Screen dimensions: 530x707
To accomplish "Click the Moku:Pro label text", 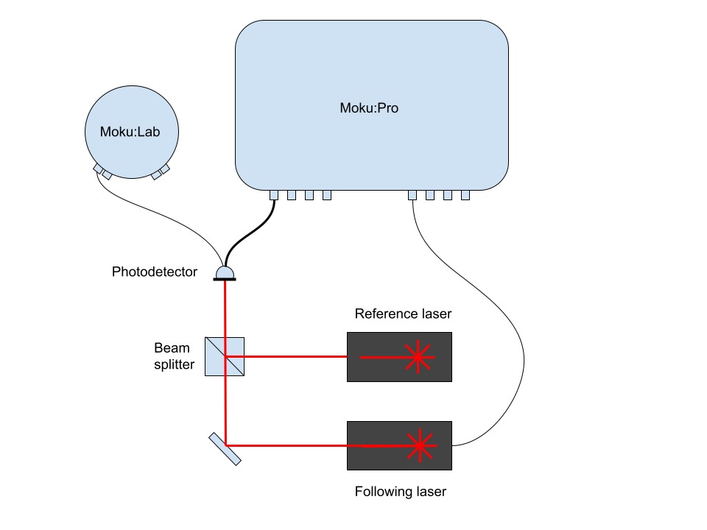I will [x=369, y=108].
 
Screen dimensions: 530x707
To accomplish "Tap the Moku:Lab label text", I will [x=130, y=132].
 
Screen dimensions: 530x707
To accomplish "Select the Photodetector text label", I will [x=155, y=272].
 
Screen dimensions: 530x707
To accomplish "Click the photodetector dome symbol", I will [x=225, y=273].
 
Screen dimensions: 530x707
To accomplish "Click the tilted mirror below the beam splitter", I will [x=224, y=448].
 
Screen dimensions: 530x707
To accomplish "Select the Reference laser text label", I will [x=403, y=314].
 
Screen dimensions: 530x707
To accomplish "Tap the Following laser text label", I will [x=400, y=492].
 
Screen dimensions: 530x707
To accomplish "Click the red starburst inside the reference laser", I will [x=418, y=357].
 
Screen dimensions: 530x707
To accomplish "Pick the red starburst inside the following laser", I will [x=421, y=445].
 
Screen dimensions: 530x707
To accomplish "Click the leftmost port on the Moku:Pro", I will [x=273, y=195].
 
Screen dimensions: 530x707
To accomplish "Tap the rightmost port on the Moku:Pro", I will [x=465, y=195].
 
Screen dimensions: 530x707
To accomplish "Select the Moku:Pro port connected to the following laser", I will [x=412, y=195].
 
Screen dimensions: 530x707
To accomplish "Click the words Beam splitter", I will [x=174, y=356].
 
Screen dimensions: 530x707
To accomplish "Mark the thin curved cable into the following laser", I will [x=516, y=331].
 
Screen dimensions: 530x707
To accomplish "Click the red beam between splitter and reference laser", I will [x=295, y=357].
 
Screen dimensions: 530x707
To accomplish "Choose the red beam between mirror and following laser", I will [x=287, y=445].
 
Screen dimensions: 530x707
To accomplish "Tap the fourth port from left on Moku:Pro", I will [x=326, y=195].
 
